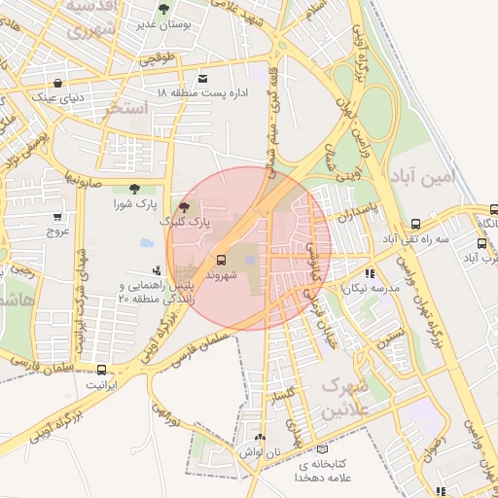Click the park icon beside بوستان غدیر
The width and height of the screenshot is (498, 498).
[x=162, y=9]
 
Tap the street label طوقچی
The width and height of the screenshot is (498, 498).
[x=158, y=59]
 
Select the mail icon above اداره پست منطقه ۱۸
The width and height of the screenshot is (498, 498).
[x=202, y=78]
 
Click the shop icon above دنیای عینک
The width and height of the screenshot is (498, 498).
[x=58, y=83]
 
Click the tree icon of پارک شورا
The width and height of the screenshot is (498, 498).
[x=134, y=189]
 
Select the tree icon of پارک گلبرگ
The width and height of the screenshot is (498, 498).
[x=185, y=206]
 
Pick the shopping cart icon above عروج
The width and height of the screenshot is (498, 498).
[x=57, y=217]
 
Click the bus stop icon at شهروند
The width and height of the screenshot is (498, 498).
[x=222, y=261]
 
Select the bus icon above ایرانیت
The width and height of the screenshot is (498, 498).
[x=102, y=370]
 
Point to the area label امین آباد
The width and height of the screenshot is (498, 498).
[x=426, y=176]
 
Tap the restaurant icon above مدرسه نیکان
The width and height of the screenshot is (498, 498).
[x=370, y=273]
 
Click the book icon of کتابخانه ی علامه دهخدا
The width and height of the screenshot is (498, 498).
[x=323, y=449]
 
